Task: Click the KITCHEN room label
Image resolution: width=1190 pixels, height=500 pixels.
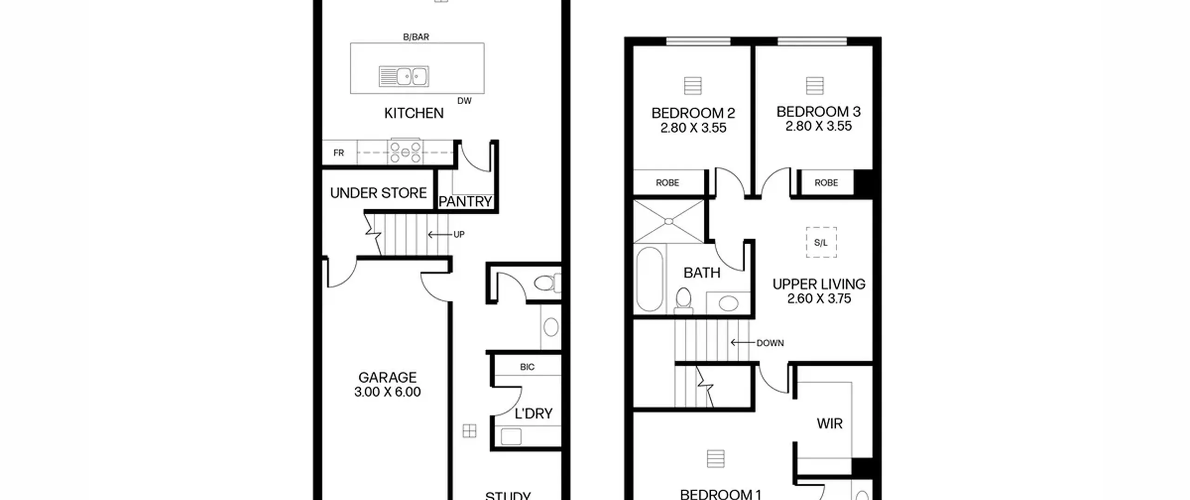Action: point(414,113)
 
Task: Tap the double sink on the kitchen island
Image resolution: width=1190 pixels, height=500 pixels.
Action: point(404,76)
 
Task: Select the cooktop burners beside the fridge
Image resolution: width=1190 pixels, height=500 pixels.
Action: point(405,152)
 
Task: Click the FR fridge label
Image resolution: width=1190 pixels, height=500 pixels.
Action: point(338,153)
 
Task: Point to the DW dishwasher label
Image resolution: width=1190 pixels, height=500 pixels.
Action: point(464,100)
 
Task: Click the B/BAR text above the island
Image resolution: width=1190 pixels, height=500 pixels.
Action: point(416,37)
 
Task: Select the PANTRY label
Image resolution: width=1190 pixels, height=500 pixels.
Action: point(465,201)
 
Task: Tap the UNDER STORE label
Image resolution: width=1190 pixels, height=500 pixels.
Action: point(378,193)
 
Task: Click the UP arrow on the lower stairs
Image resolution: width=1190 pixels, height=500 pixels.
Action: point(439,234)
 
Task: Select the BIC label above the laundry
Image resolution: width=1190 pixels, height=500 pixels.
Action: point(527,367)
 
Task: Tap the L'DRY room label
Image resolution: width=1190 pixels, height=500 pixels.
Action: point(534,413)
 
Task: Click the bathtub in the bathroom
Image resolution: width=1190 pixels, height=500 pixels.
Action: point(649,279)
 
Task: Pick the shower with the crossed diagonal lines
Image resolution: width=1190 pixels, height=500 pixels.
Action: point(668,221)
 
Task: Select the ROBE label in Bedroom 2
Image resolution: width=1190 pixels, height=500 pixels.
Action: point(668,183)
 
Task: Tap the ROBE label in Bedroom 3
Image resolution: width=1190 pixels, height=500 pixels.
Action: point(826,183)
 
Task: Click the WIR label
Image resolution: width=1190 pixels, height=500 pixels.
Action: point(829,424)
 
